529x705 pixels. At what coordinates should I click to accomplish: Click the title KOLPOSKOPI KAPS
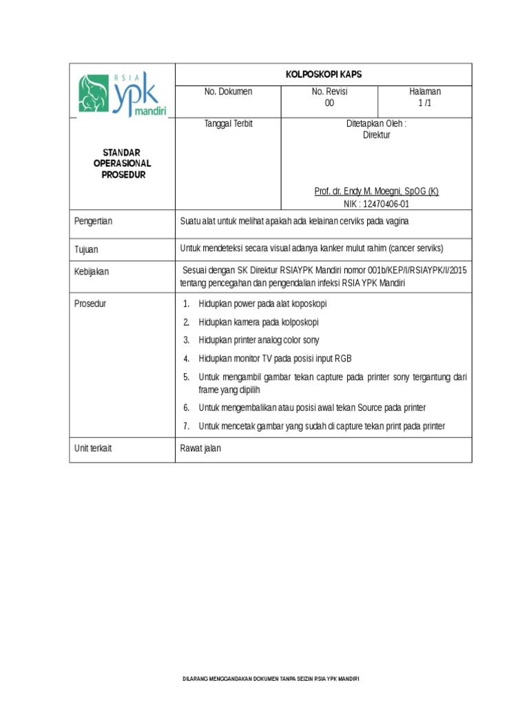pyautogui.click(x=323, y=74)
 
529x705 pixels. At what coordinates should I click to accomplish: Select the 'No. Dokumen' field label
pyautogui.click(x=227, y=92)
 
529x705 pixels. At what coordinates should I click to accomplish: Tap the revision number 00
pyautogui.click(x=329, y=103)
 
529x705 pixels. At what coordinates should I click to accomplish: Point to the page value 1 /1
pyautogui.click(x=424, y=103)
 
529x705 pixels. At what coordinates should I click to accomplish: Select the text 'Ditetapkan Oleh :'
pyautogui.click(x=376, y=124)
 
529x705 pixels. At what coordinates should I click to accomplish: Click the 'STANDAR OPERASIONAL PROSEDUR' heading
pyautogui.click(x=122, y=163)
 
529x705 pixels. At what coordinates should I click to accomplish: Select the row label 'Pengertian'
pyautogui.click(x=93, y=221)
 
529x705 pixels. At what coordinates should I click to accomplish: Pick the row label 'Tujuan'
pyautogui.click(x=87, y=249)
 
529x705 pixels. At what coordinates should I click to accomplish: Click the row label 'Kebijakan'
pyautogui.click(x=92, y=272)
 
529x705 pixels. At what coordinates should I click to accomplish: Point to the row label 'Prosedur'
pyautogui.click(x=90, y=304)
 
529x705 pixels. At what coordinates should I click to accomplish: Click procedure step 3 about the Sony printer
pyautogui.click(x=258, y=340)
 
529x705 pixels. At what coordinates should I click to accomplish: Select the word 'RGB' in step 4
pyautogui.click(x=342, y=359)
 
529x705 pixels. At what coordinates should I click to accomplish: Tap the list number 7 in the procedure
pyautogui.click(x=186, y=426)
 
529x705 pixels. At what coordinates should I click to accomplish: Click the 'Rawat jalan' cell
pyautogui.click(x=200, y=448)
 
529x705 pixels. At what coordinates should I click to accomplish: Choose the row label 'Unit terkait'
pyautogui.click(x=93, y=448)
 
